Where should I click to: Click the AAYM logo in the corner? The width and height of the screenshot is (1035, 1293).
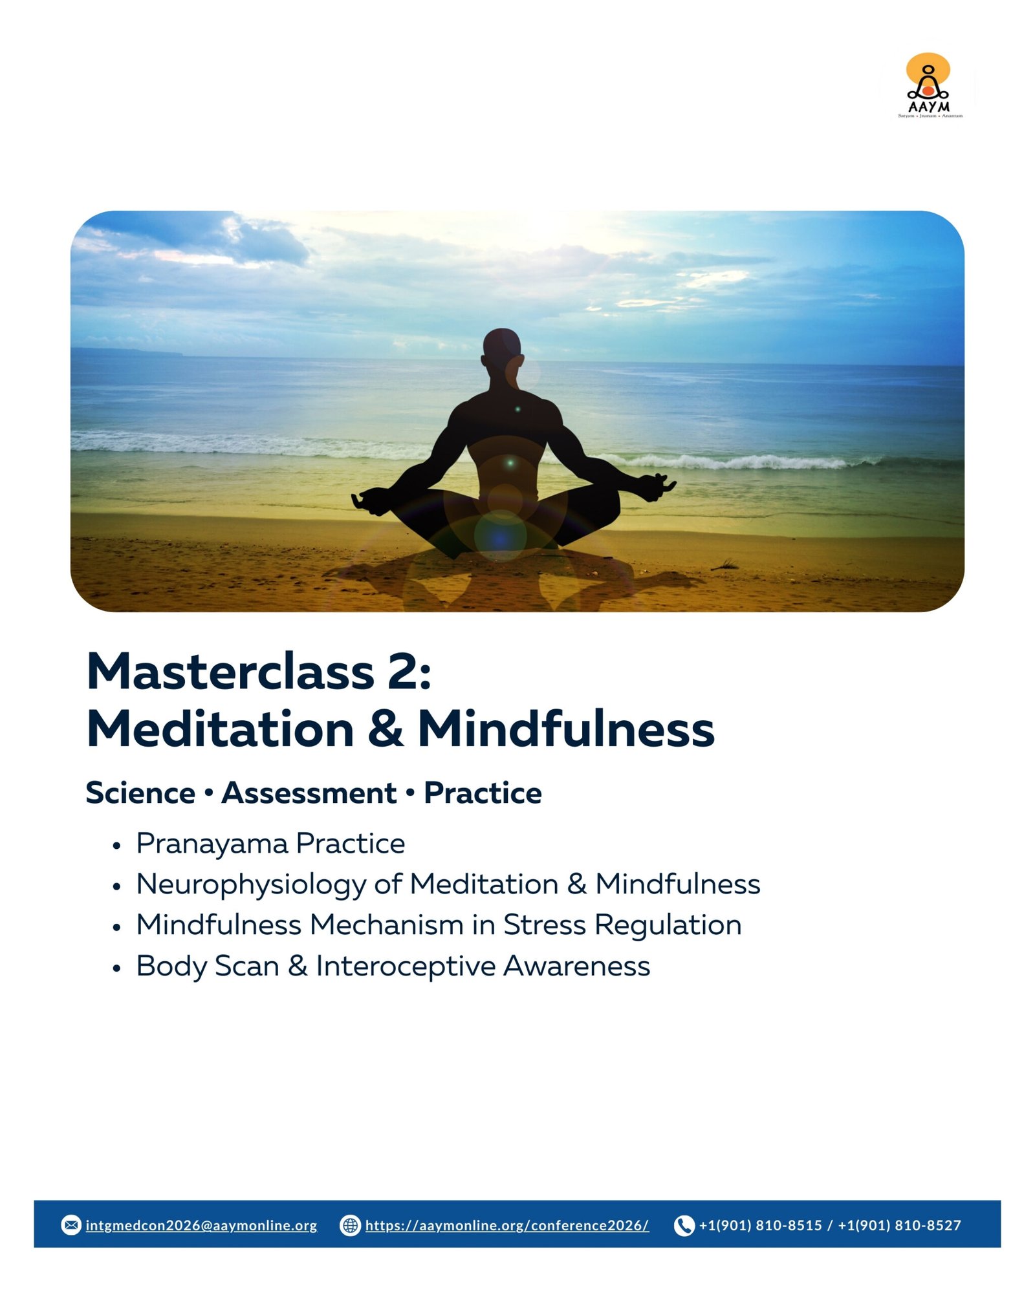[x=930, y=85]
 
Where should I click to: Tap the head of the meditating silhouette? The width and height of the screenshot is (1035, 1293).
[x=502, y=350]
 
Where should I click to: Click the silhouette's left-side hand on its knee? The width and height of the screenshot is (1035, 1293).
[x=367, y=501]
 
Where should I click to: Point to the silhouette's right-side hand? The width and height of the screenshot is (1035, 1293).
[x=657, y=485]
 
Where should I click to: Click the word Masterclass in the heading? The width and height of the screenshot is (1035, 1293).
[x=230, y=672]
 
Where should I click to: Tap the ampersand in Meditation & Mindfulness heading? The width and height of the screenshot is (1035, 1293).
[x=386, y=729]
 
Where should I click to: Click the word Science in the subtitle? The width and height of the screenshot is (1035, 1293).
[x=140, y=793]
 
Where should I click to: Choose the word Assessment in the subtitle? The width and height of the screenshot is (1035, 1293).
[x=309, y=793]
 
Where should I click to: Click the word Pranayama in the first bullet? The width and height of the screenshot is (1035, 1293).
[x=212, y=844]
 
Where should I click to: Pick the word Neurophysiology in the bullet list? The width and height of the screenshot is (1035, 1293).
[x=251, y=885]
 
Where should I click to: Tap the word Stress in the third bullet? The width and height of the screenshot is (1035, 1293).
[x=545, y=925]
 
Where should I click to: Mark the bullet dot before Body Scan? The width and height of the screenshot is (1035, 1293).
[x=116, y=968]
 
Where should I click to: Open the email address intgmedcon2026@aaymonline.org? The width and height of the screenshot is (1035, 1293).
[x=201, y=1226]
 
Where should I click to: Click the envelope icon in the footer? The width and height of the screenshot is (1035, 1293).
[x=71, y=1225]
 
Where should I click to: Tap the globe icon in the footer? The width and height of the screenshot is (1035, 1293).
[x=350, y=1225]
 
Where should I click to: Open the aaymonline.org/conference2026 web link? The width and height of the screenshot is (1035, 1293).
[x=507, y=1226]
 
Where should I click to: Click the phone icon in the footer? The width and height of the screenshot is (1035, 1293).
[x=684, y=1225]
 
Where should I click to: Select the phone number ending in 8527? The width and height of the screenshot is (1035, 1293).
[x=899, y=1226]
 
